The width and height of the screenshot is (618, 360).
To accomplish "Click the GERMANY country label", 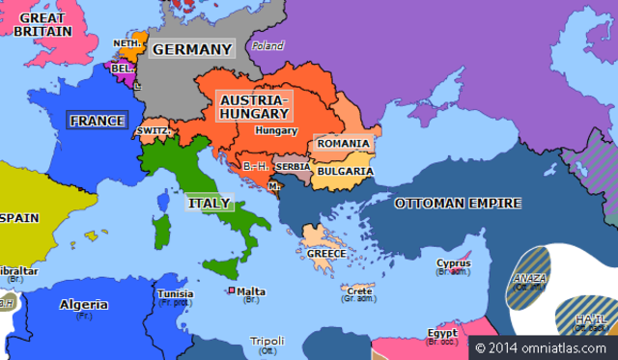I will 193,49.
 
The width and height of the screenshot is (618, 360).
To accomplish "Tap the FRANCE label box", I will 97,121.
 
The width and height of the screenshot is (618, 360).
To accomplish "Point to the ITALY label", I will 208,204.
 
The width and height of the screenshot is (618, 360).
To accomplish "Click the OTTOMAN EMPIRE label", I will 458,203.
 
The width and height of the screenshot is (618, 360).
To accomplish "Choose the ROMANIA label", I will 342,144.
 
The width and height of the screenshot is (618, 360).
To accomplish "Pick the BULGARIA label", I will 346,172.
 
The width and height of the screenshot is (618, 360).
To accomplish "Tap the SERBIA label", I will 292,167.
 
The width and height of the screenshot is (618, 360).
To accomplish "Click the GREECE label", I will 326,253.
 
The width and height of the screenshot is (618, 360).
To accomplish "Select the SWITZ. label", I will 154,130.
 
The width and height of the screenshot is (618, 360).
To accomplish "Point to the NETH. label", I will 127,43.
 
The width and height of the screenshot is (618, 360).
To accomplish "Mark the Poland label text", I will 267,45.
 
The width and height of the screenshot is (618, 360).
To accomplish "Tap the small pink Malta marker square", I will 231,291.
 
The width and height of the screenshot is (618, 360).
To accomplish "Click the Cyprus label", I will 453,263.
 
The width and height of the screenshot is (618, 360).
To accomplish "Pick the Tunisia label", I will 176,294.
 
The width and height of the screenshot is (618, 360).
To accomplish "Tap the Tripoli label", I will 267,341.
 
